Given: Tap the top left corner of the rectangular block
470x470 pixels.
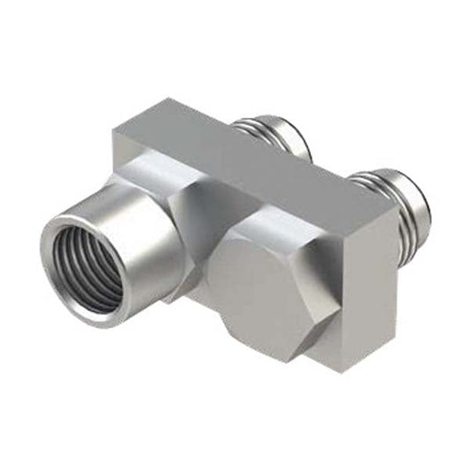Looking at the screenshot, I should [x=115, y=132].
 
